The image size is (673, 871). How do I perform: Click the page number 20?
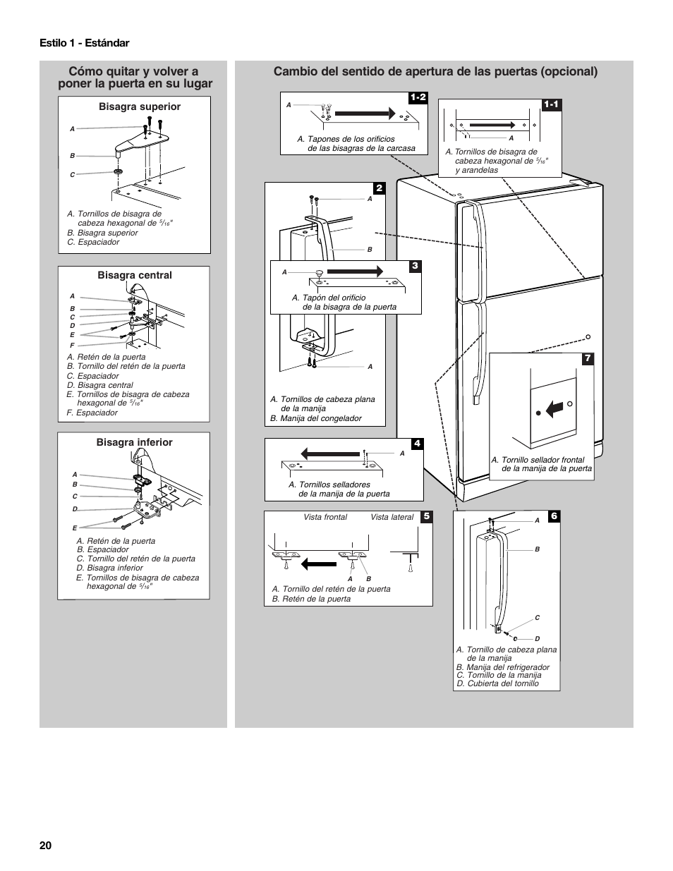46,846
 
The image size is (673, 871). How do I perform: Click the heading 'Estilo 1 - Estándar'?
85,43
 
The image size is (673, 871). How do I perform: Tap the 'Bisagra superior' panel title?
140,106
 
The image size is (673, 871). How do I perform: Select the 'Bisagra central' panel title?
135,275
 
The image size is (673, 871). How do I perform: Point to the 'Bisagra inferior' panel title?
135,442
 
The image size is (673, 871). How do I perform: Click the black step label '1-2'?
418,97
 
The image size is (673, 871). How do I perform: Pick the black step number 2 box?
379,188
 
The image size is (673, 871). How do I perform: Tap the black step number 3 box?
416,266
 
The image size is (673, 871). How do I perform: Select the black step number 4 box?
417,444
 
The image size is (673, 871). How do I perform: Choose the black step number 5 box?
426,516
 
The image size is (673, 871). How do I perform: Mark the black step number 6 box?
554,516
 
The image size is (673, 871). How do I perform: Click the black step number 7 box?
587,358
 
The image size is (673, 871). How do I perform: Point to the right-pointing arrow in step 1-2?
364,111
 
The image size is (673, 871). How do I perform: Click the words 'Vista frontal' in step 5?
325,517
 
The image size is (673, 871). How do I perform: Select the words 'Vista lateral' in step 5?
392,517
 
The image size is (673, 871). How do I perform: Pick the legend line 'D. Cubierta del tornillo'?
497,683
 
